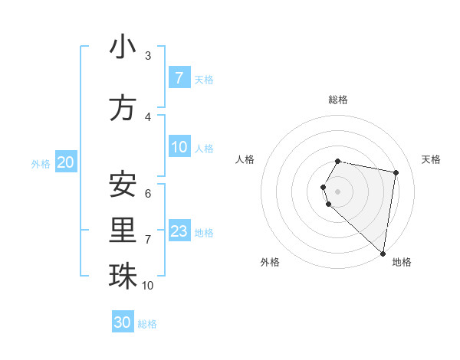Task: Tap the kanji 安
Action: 123,184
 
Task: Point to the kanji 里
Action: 123,231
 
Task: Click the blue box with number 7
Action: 179,78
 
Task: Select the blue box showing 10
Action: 179,147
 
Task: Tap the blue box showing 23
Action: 179,231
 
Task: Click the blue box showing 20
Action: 66,162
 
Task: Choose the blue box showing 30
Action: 123,322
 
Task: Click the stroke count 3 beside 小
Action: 147,56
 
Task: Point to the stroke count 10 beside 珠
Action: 147,285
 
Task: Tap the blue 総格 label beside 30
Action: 148,324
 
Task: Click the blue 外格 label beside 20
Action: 41,163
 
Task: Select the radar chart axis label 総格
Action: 337,100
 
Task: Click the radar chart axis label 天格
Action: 431,159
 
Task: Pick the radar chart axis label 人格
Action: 245,159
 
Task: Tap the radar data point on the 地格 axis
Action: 383,254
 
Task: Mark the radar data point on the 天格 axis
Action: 396,172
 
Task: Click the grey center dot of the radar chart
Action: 337,191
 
